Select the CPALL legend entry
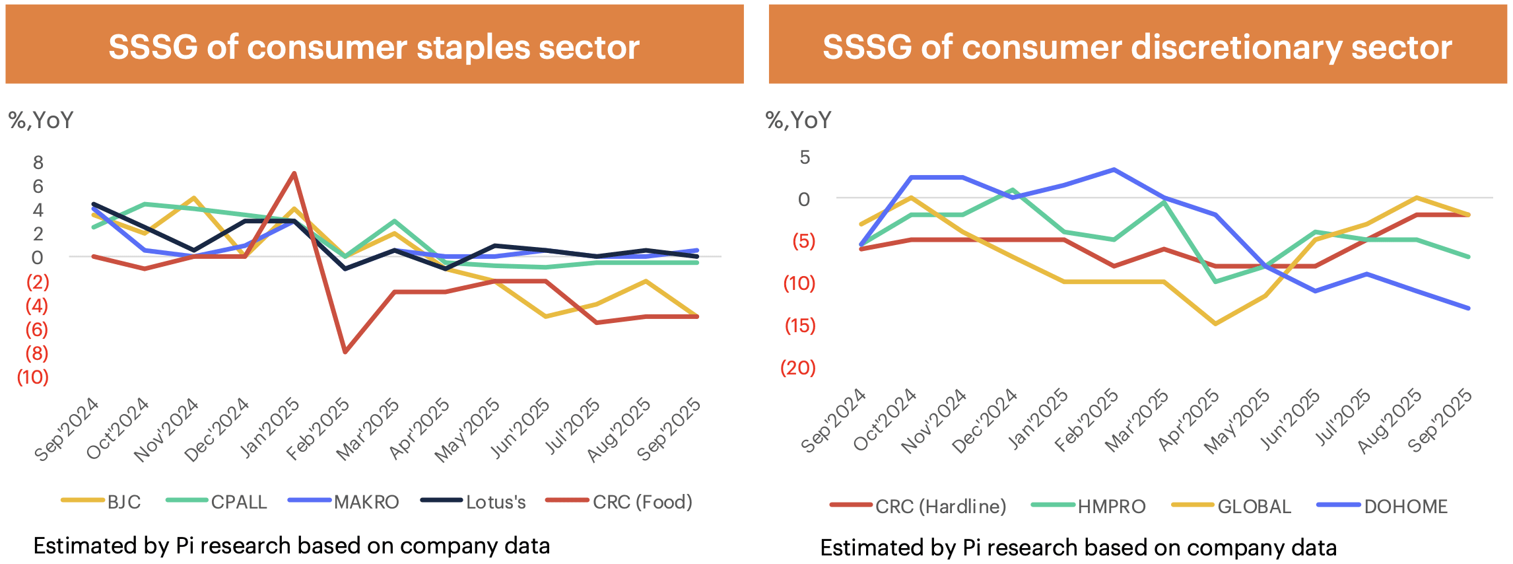[218, 502]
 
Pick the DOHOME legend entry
[1382, 507]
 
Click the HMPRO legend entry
[1089, 507]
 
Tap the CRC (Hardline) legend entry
[918, 507]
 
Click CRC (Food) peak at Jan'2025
[294, 173]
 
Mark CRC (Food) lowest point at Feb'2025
[345, 352]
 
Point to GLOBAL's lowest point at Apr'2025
[1215, 324]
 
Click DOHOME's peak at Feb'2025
[1114, 170]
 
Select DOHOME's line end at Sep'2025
[1468, 308]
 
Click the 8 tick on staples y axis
[38, 162]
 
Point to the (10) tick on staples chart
[33, 377]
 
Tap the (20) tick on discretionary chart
[798, 368]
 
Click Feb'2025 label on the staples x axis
[318, 429]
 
